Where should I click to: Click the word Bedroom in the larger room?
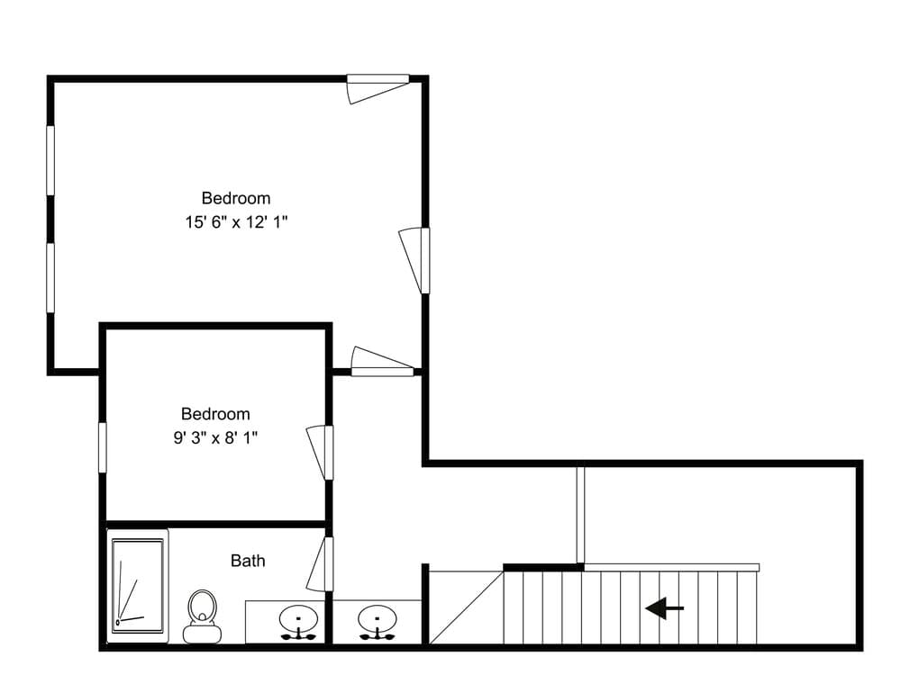[x=235, y=198]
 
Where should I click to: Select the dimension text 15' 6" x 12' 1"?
[x=235, y=222]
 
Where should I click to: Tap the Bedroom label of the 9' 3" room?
[x=215, y=414]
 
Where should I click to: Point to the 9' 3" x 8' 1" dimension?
[x=215, y=438]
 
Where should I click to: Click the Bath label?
[x=248, y=560]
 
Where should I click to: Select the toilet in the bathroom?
[x=202, y=616]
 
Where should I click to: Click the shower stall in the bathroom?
[x=138, y=586]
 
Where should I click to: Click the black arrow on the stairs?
[x=664, y=607]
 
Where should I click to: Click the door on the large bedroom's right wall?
[x=414, y=261]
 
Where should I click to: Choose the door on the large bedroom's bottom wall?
[x=383, y=362]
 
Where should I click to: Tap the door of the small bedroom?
[x=320, y=453]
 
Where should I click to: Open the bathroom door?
[x=320, y=563]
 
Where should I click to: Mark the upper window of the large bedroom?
[x=50, y=161]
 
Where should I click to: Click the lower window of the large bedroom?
[x=50, y=278]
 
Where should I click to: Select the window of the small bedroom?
[x=103, y=447]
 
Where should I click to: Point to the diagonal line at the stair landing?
[x=467, y=607]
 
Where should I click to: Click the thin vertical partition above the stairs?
[x=580, y=515]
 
